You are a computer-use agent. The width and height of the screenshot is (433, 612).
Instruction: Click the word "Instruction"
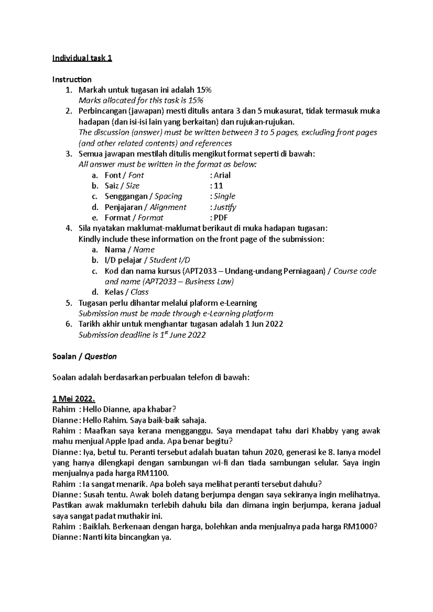coord(72,79)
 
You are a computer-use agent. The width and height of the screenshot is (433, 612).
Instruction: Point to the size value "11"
coord(218,186)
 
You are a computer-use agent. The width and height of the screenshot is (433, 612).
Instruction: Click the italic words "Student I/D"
coord(170,260)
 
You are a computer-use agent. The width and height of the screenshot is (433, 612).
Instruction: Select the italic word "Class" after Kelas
coord(140,292)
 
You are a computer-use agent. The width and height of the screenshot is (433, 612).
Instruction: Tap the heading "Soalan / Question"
coord(84,356)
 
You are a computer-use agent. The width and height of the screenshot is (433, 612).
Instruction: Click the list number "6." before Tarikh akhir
coord(69,324)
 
